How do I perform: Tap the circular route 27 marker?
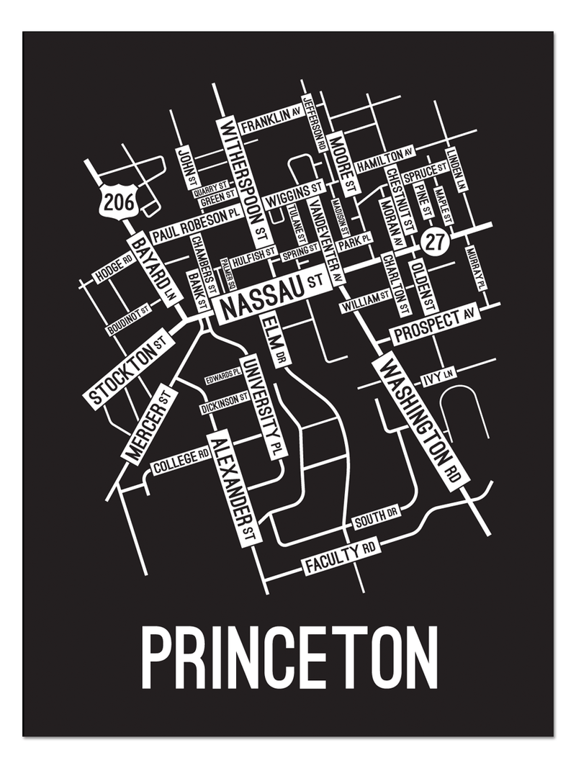pyautogui.click(x=433, y=242)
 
